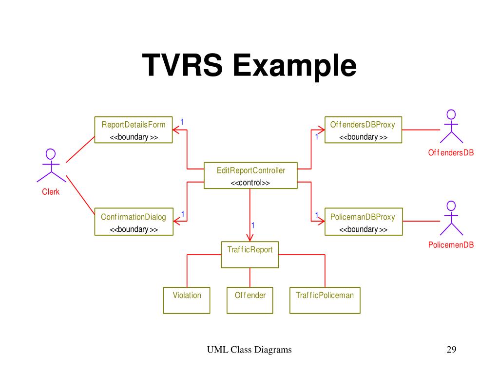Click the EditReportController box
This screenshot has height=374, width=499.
click(x=250, y=175)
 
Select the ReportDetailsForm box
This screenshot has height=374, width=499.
click(x=134, y=130)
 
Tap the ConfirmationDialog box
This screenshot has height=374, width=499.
click(x=134, y=223)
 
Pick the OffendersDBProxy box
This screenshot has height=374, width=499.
click(x=363, y=130)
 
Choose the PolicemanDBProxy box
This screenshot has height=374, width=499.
click(x=363, y=223)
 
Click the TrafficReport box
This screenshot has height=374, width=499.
click(x=250, y=254)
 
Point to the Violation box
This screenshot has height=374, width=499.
click(x=187, y=300)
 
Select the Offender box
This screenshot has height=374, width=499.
click(x=250, y=300)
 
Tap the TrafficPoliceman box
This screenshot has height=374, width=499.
click(x=325, y=300)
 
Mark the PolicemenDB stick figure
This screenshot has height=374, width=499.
click(x=451, y=218)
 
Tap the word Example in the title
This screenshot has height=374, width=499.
click(x=294, y=67)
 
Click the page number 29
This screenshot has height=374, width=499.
click(x=451, y=350)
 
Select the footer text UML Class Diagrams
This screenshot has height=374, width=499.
click(x=249, y=350)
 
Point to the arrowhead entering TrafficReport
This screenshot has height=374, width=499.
click(x=250, y=237)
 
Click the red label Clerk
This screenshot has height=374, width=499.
click(x=51, y=192)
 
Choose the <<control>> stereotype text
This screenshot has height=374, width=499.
click(x=250, y=183)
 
